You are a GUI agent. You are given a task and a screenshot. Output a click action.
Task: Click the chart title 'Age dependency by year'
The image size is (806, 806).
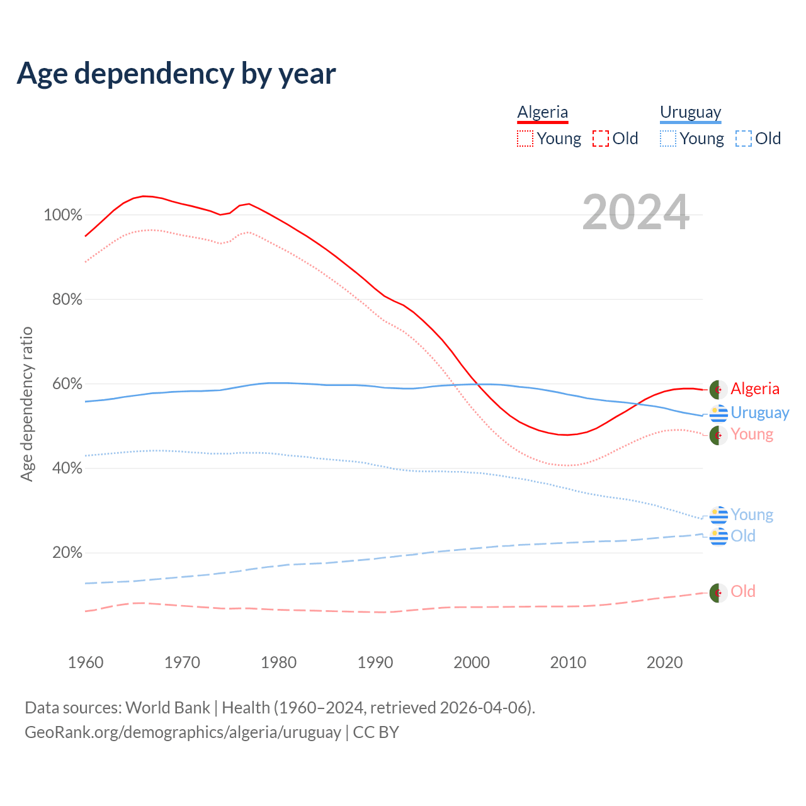pos(176,73)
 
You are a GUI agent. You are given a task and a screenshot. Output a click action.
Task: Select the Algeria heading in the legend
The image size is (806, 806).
pos(543,112)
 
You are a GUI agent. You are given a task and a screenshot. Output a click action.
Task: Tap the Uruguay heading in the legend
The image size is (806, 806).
pos(690,112)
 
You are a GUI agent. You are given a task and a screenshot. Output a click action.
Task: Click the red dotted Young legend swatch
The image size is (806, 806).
pos(525,139)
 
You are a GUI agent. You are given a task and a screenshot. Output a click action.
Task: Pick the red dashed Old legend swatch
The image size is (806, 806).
pos(601,139)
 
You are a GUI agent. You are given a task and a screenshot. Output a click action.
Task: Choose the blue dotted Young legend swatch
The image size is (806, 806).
pos(668,139)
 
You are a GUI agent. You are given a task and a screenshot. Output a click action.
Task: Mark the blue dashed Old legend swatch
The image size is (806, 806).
pos(744,139)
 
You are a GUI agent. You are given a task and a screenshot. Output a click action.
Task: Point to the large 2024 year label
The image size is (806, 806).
pos(635,212)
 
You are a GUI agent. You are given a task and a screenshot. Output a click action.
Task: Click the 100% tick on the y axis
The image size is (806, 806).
pos(63,215)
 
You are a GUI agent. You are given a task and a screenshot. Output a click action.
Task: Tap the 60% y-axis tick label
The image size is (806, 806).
pos(67,384)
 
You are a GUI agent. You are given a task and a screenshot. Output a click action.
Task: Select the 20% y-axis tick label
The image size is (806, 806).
pos(67,553)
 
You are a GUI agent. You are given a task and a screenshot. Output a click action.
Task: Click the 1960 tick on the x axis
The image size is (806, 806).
pos(86,662)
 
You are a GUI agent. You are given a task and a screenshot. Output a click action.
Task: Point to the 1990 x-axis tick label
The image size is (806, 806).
pos(375,662)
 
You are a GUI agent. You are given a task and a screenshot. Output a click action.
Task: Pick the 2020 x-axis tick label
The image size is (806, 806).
pos(665,662)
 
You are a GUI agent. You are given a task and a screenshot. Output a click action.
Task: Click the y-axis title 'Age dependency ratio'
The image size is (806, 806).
pos(26,404)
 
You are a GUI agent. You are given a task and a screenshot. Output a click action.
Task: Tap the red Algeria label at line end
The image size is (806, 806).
pos(755,389)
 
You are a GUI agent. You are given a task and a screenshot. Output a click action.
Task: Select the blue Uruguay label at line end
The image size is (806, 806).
pos(759,412)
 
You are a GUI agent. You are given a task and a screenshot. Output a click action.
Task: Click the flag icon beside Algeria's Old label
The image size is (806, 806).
pos(718,593)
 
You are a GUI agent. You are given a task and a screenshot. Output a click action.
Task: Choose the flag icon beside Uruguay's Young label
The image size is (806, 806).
pos(718,515)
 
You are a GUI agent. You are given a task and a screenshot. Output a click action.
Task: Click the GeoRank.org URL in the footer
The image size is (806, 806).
pos(183,732)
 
